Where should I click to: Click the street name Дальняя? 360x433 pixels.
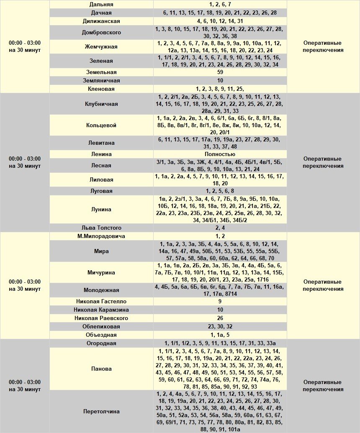101,4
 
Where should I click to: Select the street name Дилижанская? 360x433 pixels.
101,21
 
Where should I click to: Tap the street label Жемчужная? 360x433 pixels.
101,46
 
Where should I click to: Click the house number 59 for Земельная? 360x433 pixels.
220,72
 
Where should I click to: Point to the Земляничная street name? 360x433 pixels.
101,80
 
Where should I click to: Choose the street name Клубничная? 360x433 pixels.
101,104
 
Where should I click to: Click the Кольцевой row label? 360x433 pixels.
101,125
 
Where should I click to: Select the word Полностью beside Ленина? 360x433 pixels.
220,154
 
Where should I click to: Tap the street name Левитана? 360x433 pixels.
101,143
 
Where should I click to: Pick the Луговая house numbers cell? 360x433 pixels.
220,191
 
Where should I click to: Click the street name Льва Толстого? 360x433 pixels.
101,228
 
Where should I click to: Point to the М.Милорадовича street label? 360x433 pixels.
101,236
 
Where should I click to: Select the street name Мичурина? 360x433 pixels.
101,272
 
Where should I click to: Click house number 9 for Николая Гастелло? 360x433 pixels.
220,301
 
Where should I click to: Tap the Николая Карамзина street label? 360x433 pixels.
101,310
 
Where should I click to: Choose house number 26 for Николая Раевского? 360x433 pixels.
220,318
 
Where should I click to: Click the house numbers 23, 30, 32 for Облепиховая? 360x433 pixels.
220,326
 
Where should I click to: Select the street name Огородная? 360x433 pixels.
101,343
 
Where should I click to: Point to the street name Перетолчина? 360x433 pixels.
101,411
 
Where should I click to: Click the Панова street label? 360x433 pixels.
101,369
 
